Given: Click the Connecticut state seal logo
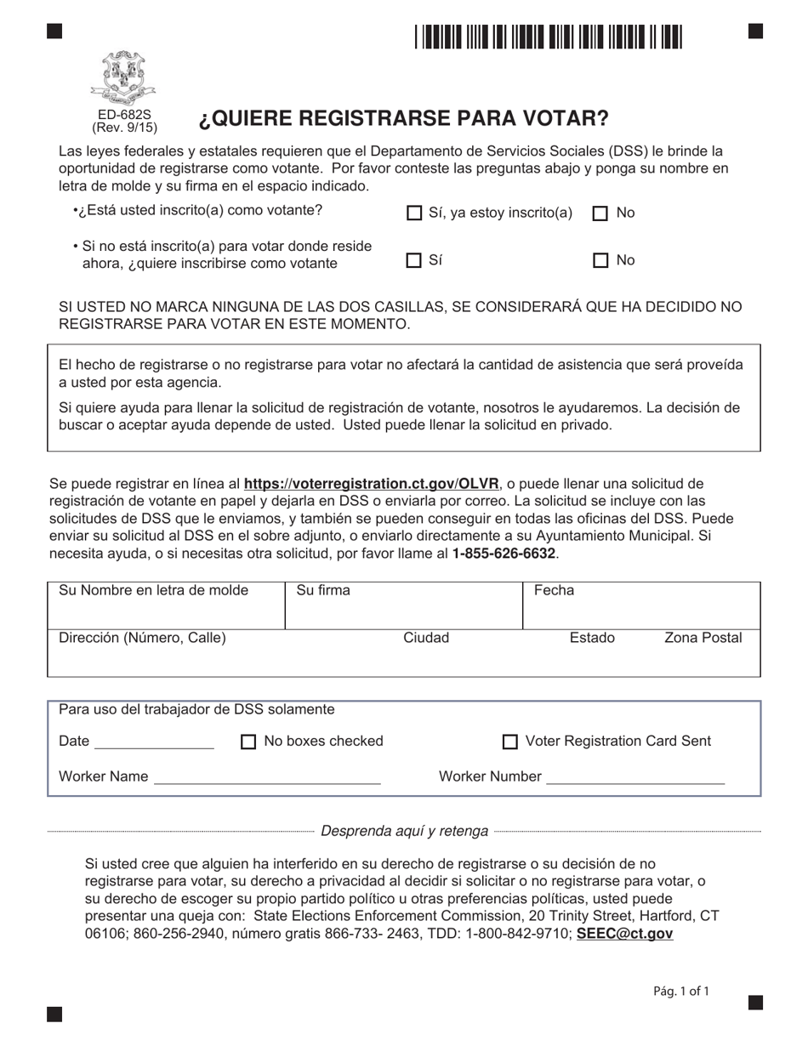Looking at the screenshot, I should point(124,77).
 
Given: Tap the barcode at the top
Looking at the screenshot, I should point(549,37).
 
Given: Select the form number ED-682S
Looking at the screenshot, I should point(124,115).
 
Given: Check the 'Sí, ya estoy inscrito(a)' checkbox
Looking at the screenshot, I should point(415,213).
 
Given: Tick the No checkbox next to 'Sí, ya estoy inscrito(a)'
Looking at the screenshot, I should point(600,213).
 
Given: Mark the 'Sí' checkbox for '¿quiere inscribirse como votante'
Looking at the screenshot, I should point(415,261).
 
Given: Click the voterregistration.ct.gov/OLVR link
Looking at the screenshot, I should point(372,484).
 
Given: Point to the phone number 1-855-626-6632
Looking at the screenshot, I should point(504,554).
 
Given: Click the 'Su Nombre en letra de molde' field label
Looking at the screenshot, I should point(153,590).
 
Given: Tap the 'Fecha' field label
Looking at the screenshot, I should point(554,590).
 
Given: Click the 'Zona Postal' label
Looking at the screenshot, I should point(703,638).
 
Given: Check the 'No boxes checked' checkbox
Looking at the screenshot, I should point(248,742).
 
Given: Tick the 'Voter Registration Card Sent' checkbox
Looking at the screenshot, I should point(510,742).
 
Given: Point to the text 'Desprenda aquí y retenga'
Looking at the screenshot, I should point(404,831).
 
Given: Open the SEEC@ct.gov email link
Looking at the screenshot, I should point(624,934).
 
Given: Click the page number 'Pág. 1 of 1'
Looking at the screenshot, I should point(680,991).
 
